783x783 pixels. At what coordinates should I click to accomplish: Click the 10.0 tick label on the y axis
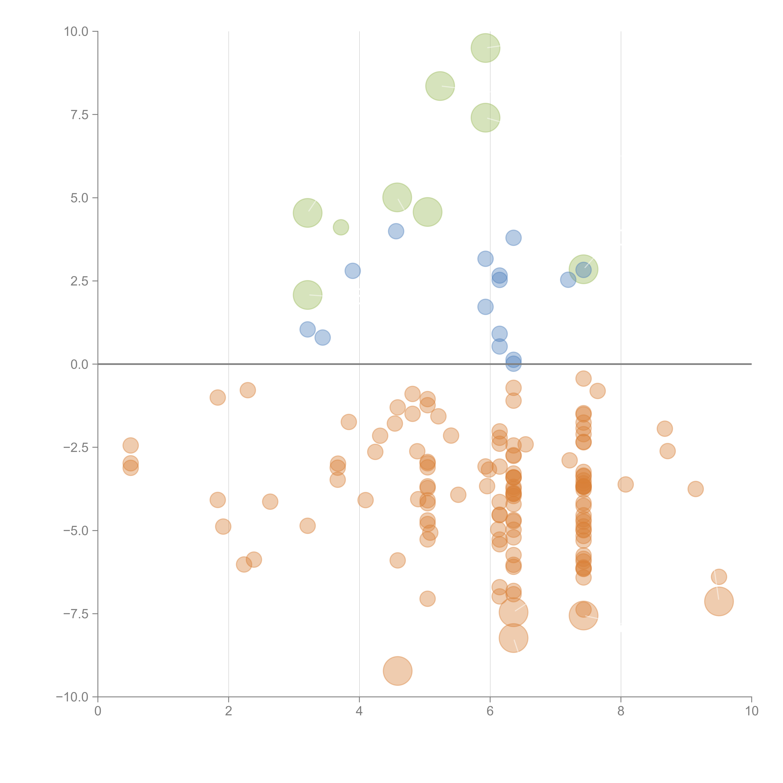[76, 32]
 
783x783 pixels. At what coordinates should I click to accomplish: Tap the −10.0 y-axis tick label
[72, 697]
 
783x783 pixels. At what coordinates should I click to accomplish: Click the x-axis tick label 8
[621, 711]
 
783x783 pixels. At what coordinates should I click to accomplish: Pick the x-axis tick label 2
[229, 711]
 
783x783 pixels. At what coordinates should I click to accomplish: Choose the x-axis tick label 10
[751, 711]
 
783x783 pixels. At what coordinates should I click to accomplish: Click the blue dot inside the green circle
[583, 270]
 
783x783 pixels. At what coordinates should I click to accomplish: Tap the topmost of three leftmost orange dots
[130, 445]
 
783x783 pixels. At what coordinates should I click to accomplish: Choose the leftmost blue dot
[308, 329]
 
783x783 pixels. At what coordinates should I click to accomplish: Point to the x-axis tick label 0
[98, 711]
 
